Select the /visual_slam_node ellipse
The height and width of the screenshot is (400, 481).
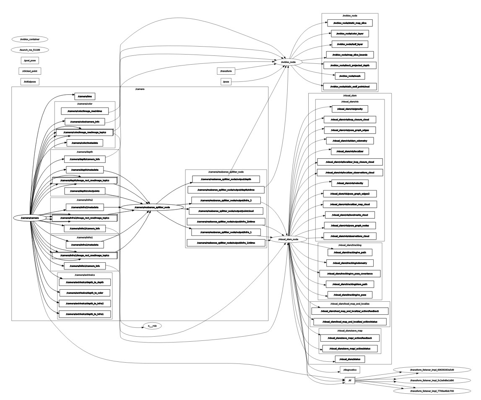[288, 239]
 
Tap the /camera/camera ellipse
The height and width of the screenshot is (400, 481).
[29, 218]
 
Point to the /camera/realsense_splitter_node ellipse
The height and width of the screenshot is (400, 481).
[151, 207]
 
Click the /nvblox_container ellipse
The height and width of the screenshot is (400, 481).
[29, 39]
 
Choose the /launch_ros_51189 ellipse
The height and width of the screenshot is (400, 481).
[29, 50]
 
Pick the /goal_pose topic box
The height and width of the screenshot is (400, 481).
[29, 60]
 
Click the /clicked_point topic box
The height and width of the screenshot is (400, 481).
[29, 71]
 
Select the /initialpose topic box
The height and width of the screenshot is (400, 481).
[29, 82]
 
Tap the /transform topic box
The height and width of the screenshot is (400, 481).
[226, 71]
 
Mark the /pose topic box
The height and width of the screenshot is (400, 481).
[226, 82]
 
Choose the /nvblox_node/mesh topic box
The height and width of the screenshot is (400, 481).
[349, 76]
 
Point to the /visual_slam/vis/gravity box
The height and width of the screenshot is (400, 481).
[349, 109]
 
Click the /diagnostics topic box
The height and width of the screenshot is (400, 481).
[350, 370]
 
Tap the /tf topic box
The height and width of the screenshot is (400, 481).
[350, 381]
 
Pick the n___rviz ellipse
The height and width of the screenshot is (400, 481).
[152, 326]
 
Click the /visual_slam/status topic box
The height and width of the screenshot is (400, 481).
[350, 359]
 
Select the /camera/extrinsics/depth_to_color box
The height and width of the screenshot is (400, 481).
[84, 293]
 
